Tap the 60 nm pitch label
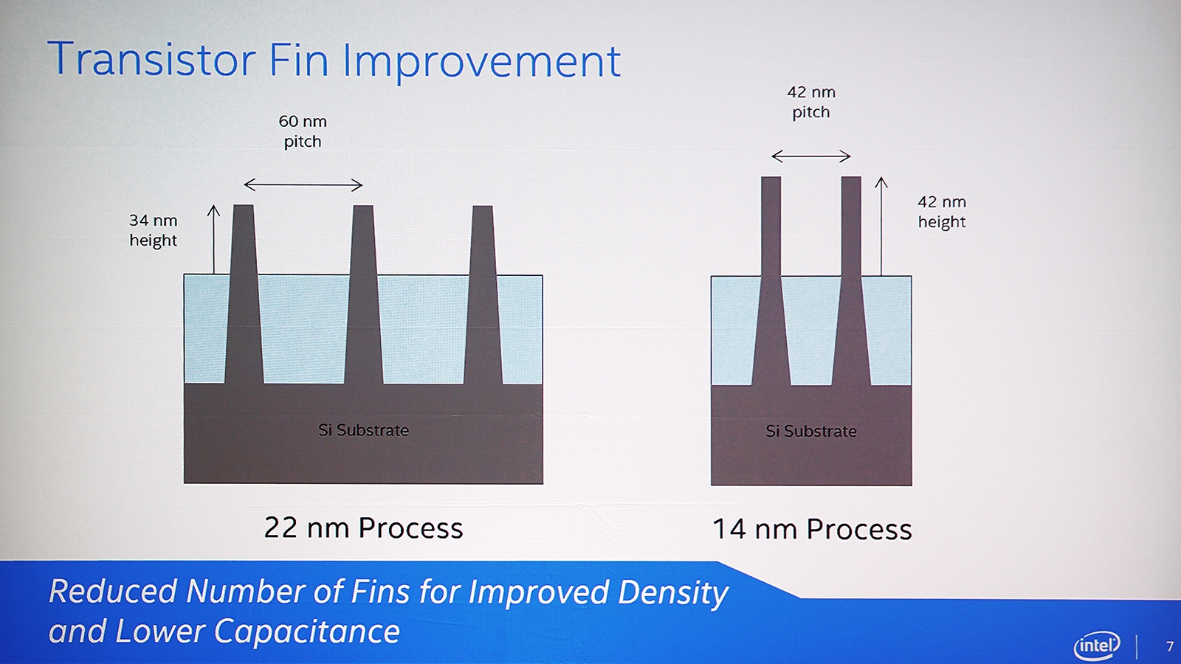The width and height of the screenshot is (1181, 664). tap(303, 131)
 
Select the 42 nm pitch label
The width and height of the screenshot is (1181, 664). tap(811, 103)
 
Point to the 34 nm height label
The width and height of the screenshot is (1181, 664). tap(153, 229)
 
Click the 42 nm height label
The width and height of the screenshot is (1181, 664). tap(942, 211)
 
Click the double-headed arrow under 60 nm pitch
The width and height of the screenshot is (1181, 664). tap(303, 185)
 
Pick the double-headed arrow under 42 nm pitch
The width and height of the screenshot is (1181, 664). tap(811, 156)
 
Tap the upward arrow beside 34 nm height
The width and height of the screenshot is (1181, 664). tap(213, 239)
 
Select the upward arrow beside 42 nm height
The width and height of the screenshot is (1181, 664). tap(881, 226)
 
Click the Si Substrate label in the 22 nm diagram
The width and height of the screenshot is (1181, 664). tap(363, 430)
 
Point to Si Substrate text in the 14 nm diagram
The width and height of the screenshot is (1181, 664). tap(811, 431)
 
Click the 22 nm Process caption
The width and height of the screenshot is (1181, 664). tap(363, 528)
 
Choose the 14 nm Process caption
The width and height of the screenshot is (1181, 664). tap(812, 529)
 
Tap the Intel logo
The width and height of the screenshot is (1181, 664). tap(1097, 645)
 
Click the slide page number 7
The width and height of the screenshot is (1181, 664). tap(1169, 646)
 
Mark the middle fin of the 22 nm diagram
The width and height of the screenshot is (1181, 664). tap(363, 295)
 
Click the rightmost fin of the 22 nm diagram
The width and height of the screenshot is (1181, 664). tap(483, 295)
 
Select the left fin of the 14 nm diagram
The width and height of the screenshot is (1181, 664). tap(771, 281)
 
